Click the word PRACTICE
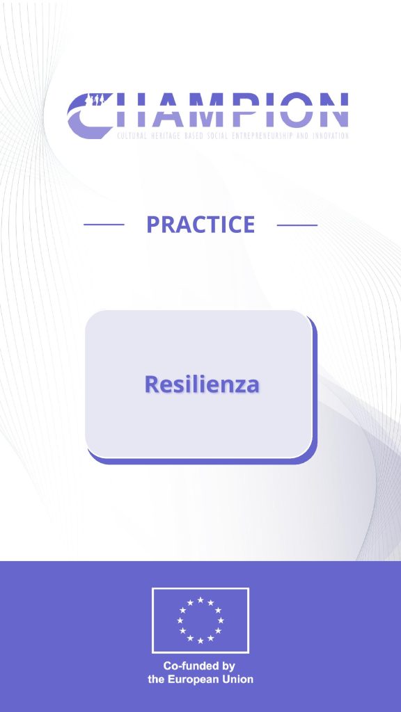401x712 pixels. pyautogui.click(x=200, y=225)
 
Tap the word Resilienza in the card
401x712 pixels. pyautogui.click(x=202, y=384)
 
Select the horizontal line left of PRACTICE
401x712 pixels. pyautogui.click(x=104, y=225)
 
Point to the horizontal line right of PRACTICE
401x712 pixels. pyautogui.click(x=297, y=225)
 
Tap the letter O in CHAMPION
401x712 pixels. pyautogui.click(x=296, y=110)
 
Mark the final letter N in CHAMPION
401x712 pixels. pyautogui.click(x=333, y=110)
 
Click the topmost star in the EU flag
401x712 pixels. pyautogui.click(x=200, y=600)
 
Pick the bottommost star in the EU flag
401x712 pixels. pyautogui.click(x=200, y=640)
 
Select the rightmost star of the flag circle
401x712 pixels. pyautogui.click(x=221, y=620)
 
